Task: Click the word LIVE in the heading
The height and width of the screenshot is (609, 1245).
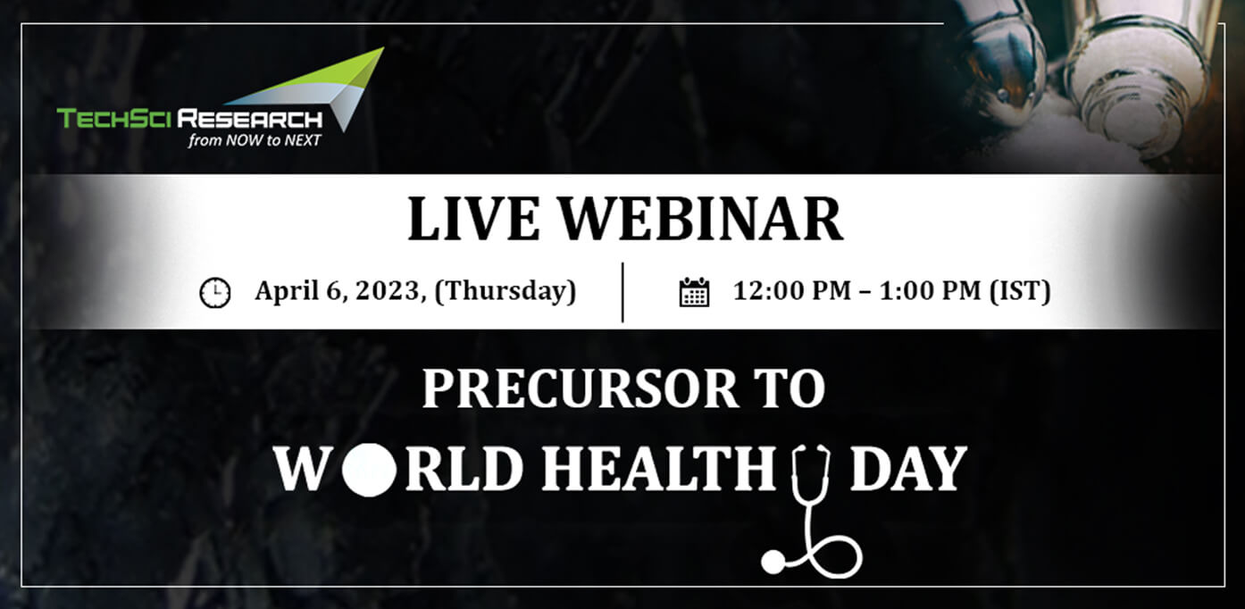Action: point(473,219)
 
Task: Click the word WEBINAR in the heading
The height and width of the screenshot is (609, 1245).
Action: point(701,219)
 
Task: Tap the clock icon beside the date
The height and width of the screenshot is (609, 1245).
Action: point(215,293)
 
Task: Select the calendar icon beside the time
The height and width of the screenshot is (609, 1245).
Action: point(694,292)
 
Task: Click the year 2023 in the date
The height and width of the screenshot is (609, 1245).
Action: point(387,291)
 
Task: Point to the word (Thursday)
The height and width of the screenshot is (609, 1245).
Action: point(506,291)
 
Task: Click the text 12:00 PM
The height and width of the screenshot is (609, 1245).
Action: point(792,290)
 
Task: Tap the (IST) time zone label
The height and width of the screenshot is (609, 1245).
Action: point(1020,291)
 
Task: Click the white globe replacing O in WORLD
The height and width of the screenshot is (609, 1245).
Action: point(370,470)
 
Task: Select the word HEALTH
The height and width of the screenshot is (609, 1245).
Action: point(658,470)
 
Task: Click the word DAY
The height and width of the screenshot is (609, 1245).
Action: point(908,470)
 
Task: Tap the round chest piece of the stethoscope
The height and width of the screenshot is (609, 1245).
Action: point(773,562)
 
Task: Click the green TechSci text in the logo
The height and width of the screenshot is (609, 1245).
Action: point(113,119)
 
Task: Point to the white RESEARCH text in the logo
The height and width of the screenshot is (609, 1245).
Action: point(250,119)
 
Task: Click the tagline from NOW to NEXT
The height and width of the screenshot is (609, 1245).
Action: point(255,140)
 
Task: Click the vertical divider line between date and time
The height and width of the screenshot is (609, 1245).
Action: point(622,292)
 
